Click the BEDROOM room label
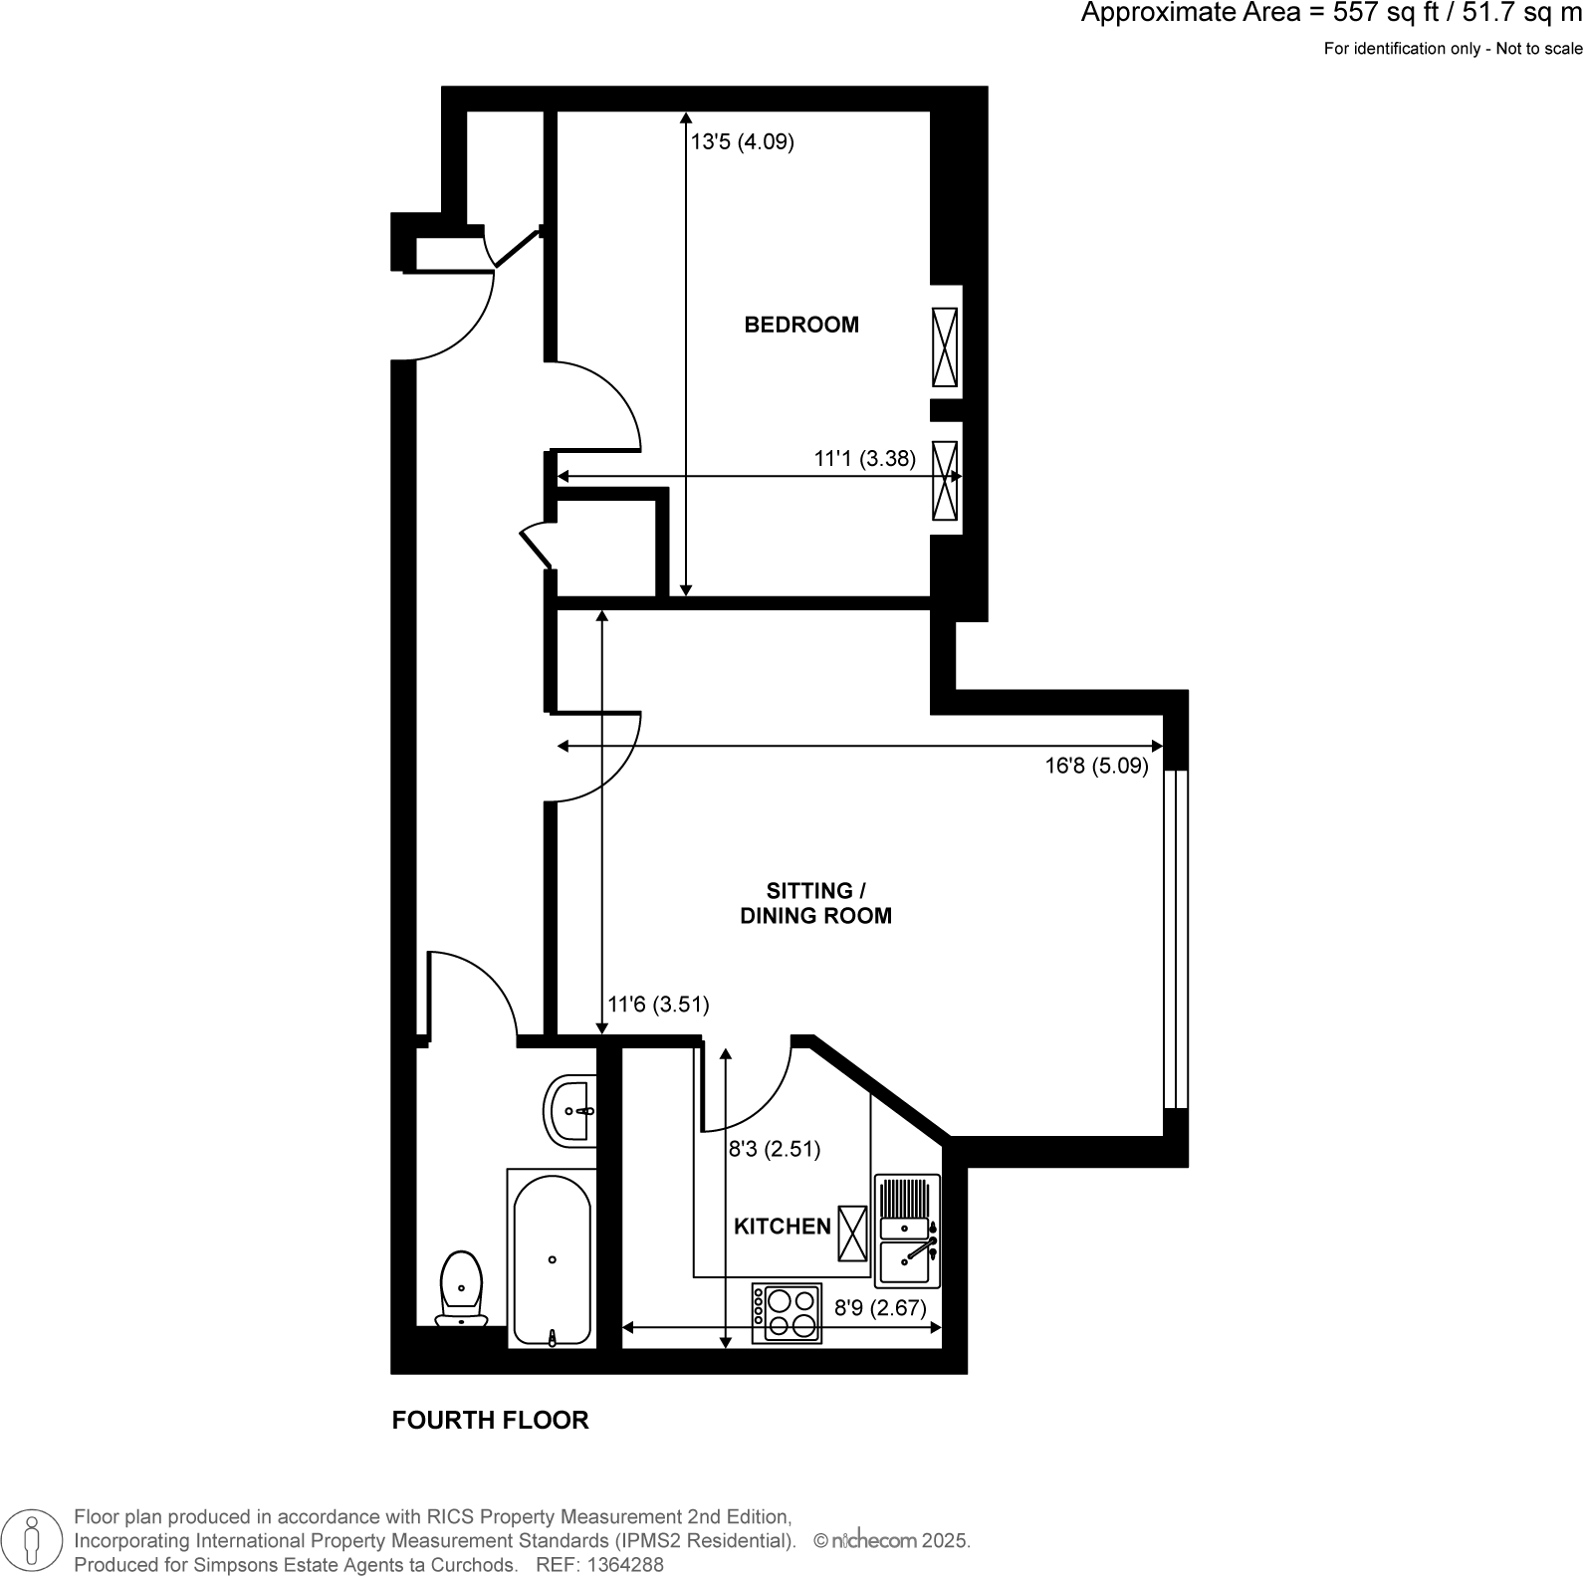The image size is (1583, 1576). click(x=801, y=325)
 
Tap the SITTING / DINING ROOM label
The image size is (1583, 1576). click(x=815, y=903)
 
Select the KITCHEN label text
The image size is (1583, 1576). click(x=782, y=1227)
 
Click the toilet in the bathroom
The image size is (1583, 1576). click(x=462, y=1289)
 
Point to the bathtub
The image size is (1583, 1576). click(x=553, y=1259)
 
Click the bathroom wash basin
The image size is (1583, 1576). click(x=570, y=1110)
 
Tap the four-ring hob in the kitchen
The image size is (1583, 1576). click(x=788, y=1313)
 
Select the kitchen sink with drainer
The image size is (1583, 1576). click(x=907, y=1232)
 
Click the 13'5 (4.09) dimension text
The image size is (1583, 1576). click(x=743, y=142)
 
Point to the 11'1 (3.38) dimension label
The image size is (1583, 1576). click(x=864, y=459)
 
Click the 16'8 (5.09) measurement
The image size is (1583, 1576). click(x=1096, y=767)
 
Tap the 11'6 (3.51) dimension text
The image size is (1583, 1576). click(x=658, y=1005)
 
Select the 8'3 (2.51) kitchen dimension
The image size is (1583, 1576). click(x=775, y=1150)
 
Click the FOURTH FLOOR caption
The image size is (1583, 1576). click(x=490, y=1421)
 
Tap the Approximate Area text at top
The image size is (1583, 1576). click(x=1330, y=14)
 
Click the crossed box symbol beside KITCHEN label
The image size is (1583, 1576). click(x=852, y=1232)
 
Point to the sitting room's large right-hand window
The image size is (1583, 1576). click(x=1176, y=939)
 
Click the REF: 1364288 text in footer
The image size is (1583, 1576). click(x=599, y=1564)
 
